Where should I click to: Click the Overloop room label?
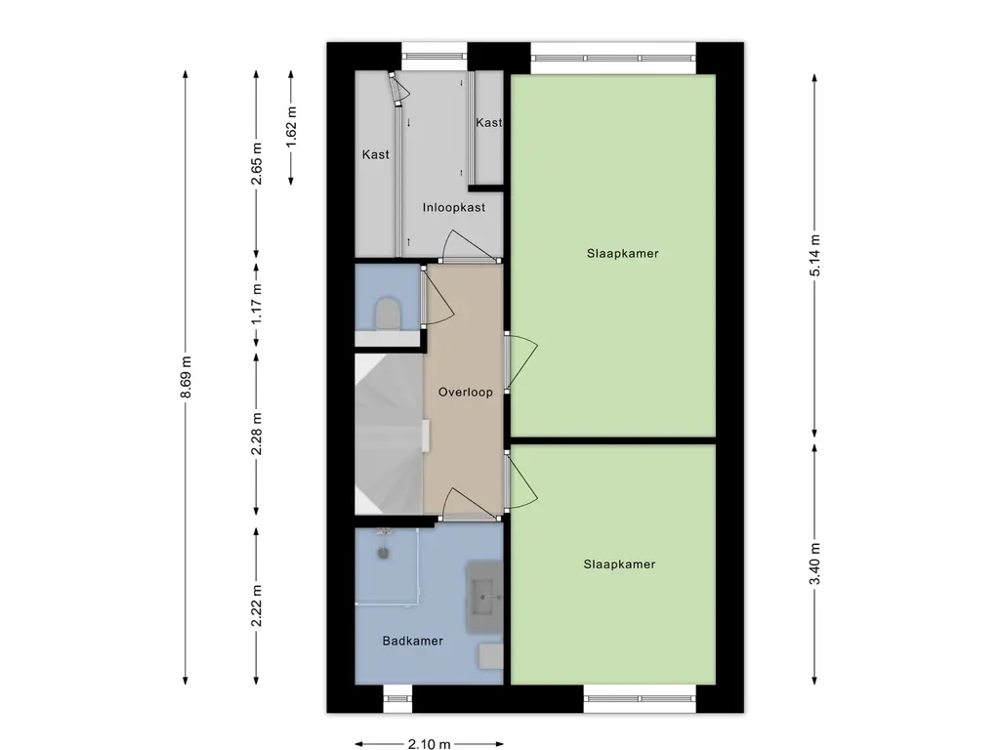465,393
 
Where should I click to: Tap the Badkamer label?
413,641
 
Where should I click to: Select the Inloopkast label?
453,207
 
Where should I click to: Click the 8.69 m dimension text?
186,377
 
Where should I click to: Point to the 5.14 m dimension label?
814,255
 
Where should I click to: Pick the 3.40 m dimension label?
814,563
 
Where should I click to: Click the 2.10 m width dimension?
430,743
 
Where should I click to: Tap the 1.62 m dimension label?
291,127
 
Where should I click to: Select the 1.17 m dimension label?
257,303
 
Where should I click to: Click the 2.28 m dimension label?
257,434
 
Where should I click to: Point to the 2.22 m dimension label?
257,605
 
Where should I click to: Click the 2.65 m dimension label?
257,163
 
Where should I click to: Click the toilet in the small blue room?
387,313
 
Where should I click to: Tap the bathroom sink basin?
484,597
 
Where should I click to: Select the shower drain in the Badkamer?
383,554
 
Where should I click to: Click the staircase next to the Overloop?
389,434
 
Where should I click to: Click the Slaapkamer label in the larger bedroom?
622,253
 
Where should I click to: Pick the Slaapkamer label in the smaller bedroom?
619,563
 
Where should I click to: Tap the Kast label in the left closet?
375,154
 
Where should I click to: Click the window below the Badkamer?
398,699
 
